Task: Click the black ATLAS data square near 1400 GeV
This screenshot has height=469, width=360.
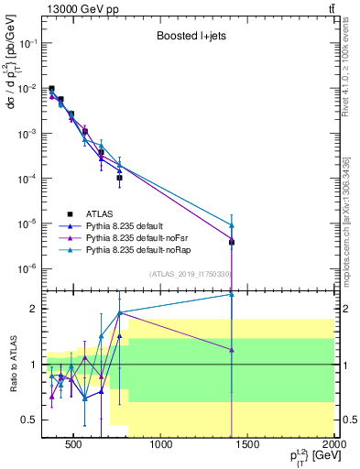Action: coord(232,243)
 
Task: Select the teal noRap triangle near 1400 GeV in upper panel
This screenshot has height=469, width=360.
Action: coord(232,224)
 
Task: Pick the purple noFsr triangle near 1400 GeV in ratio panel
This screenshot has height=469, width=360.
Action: coord(232,349)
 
